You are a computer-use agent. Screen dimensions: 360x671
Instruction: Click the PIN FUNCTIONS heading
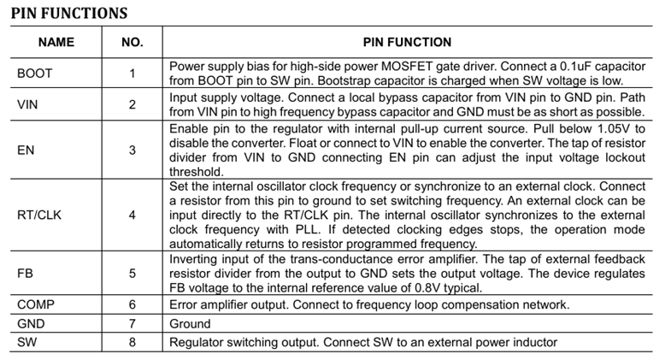pyautogui.click(x=68, y=13)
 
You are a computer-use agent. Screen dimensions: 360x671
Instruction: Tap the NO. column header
pyautogui.click(x=132, y=42)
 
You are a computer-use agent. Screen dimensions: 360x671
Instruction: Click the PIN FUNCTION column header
pyautogui.click(x=407, y=42)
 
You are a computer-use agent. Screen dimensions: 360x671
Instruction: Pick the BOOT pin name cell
pyautogui.click(x=35, y=74)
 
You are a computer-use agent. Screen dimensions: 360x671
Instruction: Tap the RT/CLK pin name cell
pyautogui.click(x=40, y=215)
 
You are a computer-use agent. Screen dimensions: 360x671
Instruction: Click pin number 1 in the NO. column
pyautogui.click(x=132, y=74)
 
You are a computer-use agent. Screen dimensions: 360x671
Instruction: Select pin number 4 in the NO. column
pyautogui.click(x=132, y=215)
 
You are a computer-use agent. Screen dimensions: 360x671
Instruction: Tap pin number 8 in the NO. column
pyautogui.click(x=132, y=343)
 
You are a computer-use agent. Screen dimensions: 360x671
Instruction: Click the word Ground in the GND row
pyautogui.click(x=190, y=324)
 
